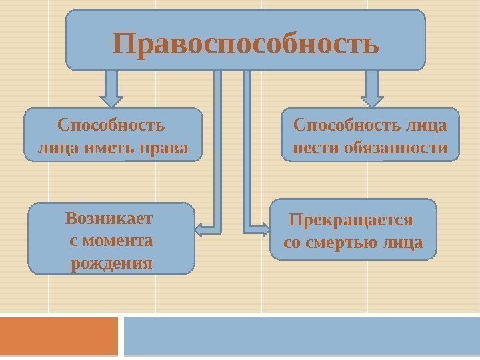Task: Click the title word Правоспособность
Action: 246,44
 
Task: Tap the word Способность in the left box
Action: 111,125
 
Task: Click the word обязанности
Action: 396,147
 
